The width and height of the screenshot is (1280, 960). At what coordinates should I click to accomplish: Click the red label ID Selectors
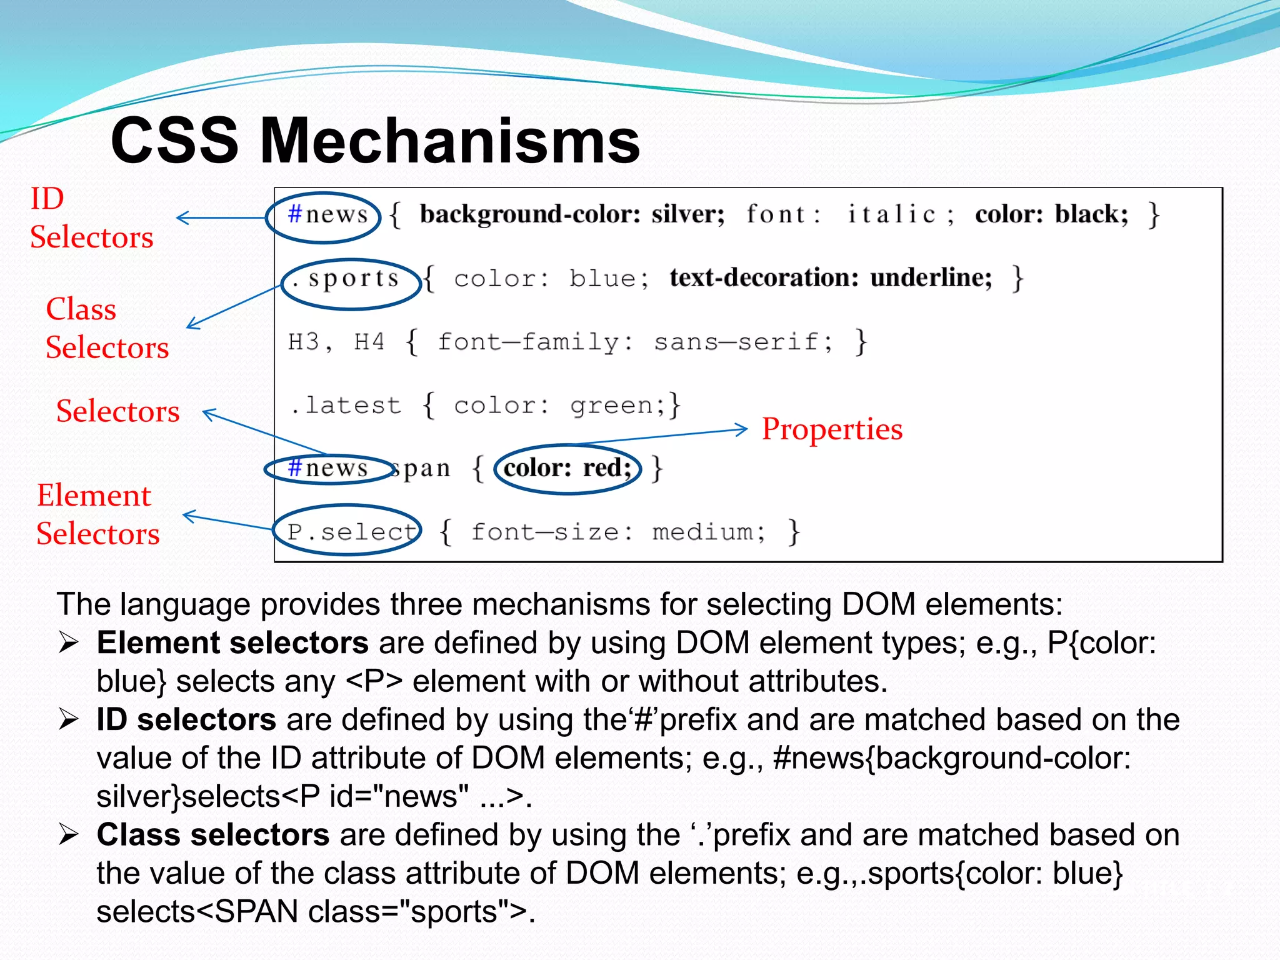(91, 218)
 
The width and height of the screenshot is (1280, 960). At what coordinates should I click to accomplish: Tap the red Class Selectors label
(107, 328)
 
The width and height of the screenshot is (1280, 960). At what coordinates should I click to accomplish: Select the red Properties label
(832, 429)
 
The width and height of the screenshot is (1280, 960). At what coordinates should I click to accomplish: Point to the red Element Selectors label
(97, 514)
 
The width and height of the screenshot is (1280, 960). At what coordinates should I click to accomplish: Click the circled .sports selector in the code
(351, 279)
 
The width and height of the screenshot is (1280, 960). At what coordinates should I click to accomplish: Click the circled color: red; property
(567, 468)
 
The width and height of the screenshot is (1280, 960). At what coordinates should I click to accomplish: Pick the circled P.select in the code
(350, 532)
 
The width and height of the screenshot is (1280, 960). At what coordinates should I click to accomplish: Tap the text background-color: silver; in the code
(572, 214)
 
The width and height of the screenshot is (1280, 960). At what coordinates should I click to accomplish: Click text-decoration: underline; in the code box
(831, 277)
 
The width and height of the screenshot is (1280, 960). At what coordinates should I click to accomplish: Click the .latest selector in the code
(345, 406)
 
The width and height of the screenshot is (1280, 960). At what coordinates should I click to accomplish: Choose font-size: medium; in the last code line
(617, 532)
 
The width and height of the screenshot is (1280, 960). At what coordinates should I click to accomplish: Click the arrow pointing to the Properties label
(662, 436)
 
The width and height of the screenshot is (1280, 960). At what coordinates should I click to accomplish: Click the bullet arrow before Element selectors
(68, 642)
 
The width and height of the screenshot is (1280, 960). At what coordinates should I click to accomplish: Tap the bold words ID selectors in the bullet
(186, 719)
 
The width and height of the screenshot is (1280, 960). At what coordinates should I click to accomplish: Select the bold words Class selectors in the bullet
(212, 834)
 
